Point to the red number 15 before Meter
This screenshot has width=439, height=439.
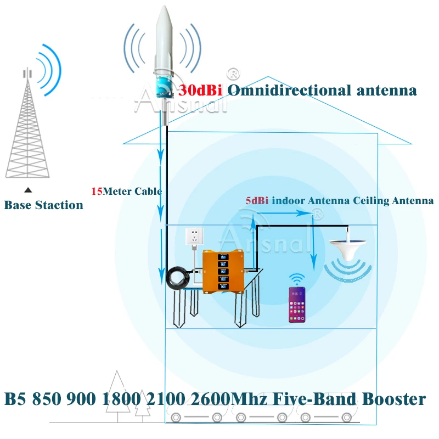click(x=97, y=192)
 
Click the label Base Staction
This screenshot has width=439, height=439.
click(x=43, y=205)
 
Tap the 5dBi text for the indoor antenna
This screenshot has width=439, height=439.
click(x=256, y=201)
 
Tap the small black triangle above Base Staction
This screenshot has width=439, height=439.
click(x=28, y=190)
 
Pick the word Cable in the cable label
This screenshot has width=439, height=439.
click(x=150, y=192)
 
